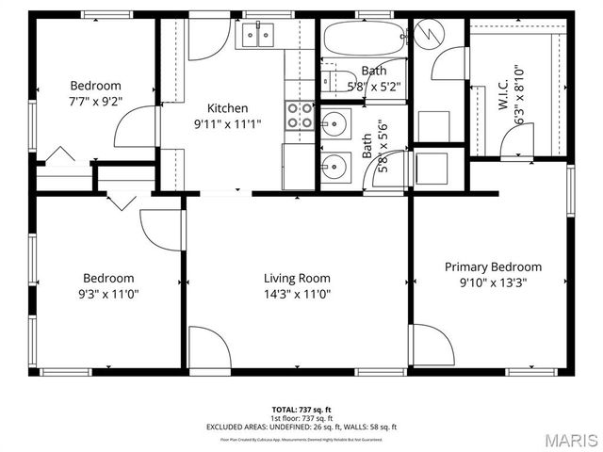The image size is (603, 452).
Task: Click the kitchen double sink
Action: [256, 36]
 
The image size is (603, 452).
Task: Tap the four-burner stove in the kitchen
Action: [301, 116]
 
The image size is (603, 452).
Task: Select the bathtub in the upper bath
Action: [362, 40]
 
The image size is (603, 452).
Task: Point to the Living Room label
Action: [296, 278]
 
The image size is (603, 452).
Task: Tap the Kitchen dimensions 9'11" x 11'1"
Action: [227, 123]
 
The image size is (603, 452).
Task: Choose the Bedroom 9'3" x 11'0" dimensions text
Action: [108, 293]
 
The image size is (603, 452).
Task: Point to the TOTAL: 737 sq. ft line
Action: [301, 410]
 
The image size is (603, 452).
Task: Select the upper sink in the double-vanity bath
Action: [334, 122]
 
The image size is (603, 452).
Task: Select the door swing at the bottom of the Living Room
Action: [208, 347]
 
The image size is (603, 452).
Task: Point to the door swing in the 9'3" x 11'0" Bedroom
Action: [160, 232]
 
